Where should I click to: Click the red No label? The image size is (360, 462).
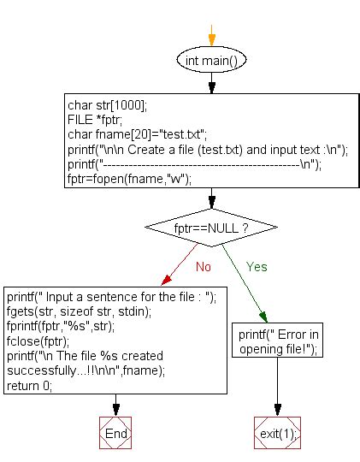(203, 266)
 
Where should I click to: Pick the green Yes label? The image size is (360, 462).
(257, 266)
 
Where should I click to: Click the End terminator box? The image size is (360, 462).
(115, 434)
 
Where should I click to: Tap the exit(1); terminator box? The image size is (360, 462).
(277, 434)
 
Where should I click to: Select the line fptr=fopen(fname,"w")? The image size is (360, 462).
(128, 179)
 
